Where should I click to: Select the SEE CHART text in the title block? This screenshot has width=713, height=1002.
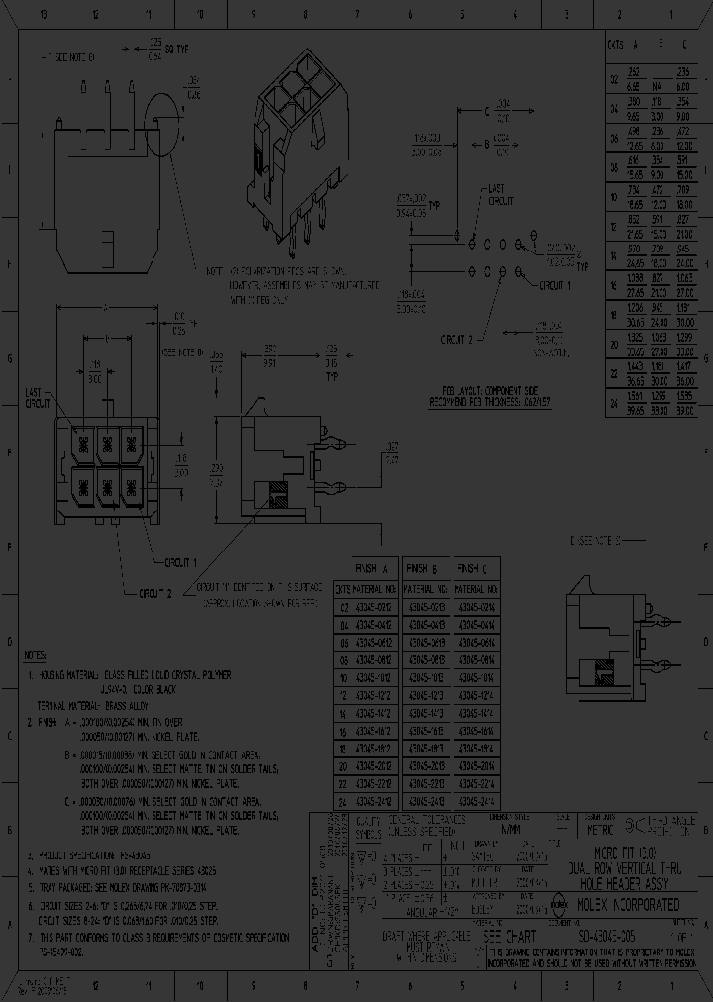click(504, 934)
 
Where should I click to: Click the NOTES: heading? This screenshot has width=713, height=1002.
click(36, 656)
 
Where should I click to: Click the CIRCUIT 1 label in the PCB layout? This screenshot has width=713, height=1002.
click(555, 286)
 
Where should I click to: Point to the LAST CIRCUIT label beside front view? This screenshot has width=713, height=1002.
click(38, 399)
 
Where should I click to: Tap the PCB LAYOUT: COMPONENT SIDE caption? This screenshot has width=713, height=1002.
click(483, 392)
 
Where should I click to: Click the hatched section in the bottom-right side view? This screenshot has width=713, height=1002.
click(603, 676)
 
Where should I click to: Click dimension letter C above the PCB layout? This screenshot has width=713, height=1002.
click(486, 111)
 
